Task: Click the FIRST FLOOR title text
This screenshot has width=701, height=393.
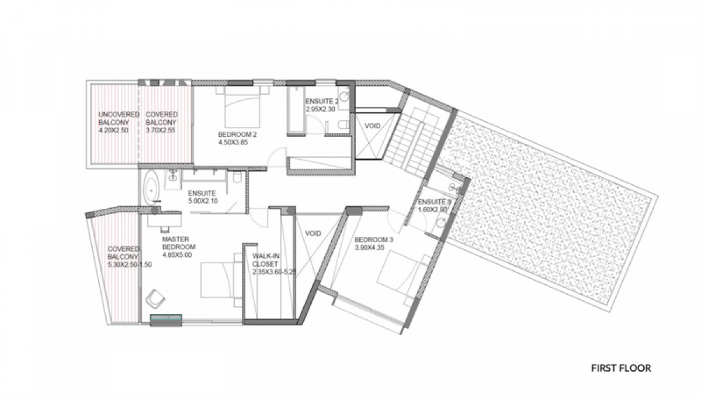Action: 621,368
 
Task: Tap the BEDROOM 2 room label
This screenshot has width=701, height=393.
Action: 237,135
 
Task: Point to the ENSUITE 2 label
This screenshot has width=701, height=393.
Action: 322,101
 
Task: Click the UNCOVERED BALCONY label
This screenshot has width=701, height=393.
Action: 119,119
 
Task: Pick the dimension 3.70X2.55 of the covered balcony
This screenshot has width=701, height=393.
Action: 161,130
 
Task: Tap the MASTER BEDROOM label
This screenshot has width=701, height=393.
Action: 179,243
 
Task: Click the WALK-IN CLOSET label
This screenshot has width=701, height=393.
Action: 266,260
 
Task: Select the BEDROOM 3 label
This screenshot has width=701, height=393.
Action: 374,240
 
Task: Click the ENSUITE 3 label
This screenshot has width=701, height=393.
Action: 435,202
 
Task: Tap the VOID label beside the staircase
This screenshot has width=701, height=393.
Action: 373,126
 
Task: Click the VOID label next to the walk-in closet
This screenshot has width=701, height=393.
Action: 313,233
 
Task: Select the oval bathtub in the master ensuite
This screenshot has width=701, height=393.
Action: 151,189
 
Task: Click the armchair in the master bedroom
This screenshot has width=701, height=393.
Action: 155,299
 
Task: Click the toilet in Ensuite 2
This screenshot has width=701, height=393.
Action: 343,125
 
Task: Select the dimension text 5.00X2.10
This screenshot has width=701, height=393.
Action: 203,201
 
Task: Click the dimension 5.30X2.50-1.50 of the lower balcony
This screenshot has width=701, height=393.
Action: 130,265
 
